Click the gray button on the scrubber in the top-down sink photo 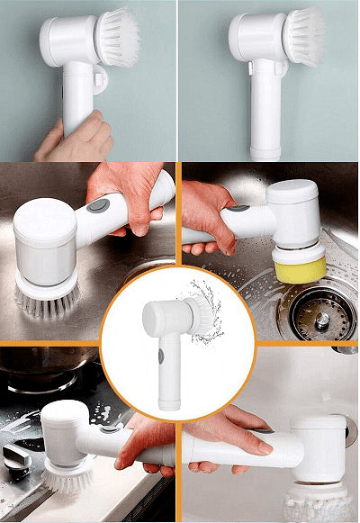coord(99,206)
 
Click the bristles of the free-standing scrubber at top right coord(304,36)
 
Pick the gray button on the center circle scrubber coord(161,356)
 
